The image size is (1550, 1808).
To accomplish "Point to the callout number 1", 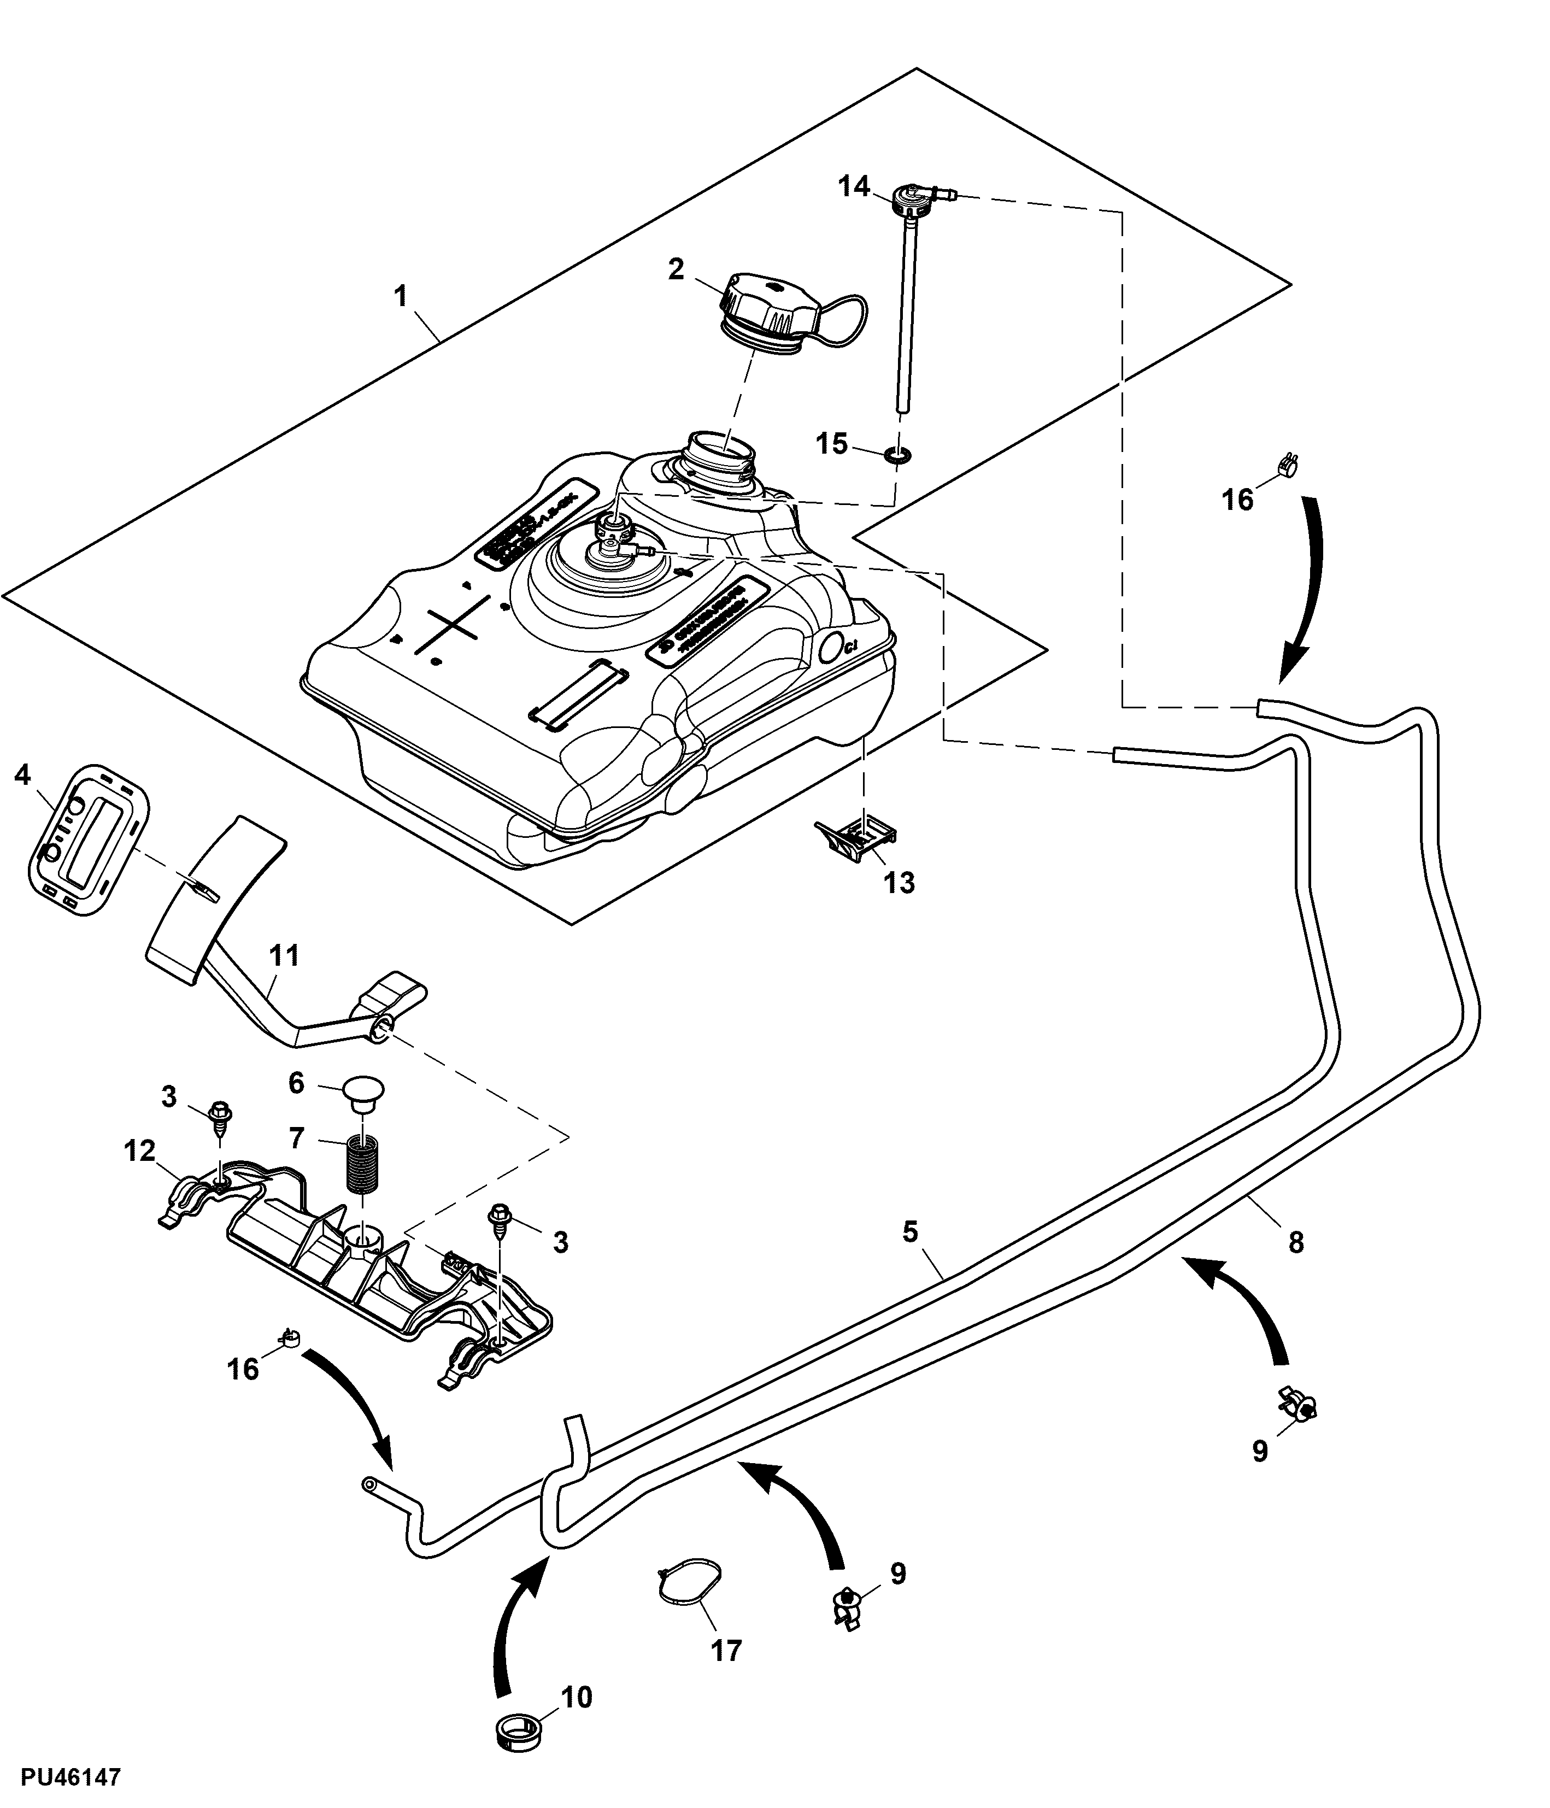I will coord(401,297).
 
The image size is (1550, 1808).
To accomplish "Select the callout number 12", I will coord(139,1152).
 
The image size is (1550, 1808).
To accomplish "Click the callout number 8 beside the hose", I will coord(1295,1242).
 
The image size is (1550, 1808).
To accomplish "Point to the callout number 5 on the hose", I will coord(911,1232).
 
